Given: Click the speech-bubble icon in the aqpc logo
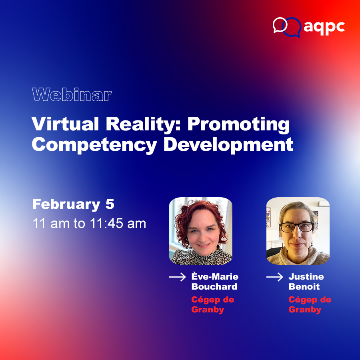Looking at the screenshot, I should tap(286, 26).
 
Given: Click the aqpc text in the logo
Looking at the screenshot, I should tap(324, 27).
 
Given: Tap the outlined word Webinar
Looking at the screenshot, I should tap(72, 95).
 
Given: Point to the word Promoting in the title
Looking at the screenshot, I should tap(239, 125).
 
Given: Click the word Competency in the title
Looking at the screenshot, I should tap(94, 145).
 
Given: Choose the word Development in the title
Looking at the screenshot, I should tap(228, 145).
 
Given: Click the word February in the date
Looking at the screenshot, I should tap(66, 204).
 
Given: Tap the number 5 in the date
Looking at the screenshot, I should tap(110, 204).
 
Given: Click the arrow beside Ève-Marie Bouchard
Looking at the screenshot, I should tap(178, 277).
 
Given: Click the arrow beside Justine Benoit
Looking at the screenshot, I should tap(275, 277).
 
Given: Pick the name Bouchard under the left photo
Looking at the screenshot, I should tap(214, 287).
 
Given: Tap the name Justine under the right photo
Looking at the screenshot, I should tap(306, 277).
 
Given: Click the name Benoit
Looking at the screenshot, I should tap(304, 287).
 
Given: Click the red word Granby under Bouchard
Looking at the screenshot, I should tap(207, 310).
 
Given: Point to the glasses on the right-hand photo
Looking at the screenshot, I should tap(296, 227).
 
